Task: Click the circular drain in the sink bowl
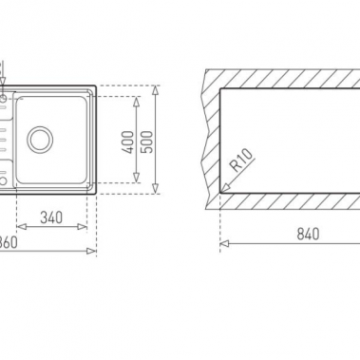(41, 139)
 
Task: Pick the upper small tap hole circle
(4, 97)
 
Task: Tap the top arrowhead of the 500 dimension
(155, 90)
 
